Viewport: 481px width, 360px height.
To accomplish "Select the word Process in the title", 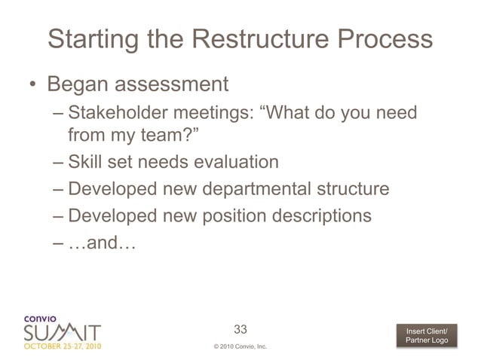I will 384,39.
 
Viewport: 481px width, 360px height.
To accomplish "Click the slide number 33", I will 240,329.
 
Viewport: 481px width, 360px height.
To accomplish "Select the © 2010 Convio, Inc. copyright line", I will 240,347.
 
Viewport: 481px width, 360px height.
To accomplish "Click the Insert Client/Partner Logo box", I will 426,337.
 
